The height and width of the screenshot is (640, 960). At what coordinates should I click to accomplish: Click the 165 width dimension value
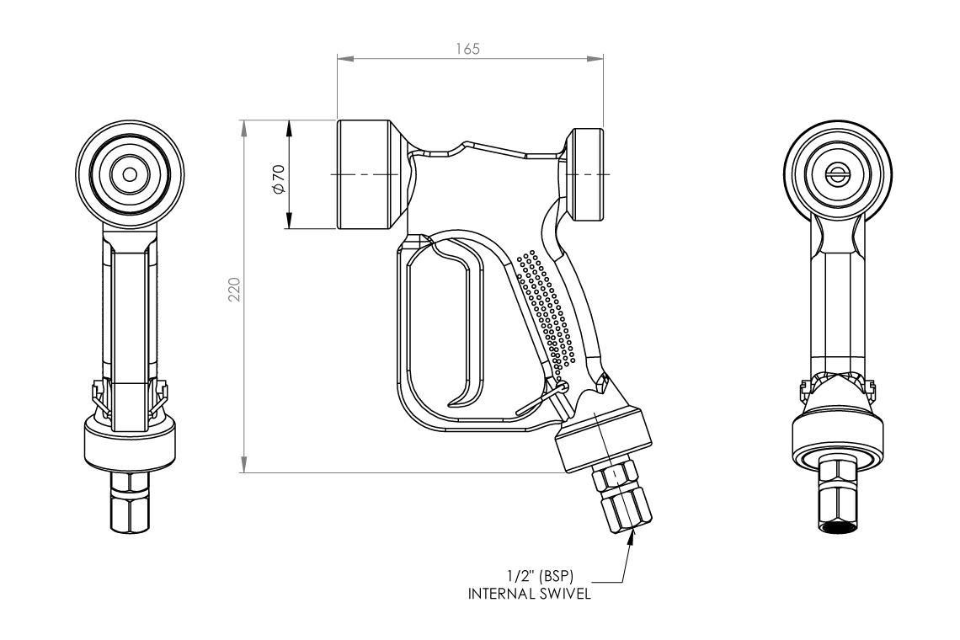click(x=470, y=49)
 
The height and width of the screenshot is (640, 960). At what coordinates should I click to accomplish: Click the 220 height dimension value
click(x=236, y=291)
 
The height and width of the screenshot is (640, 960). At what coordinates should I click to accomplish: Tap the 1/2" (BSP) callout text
click(x=541, y=576)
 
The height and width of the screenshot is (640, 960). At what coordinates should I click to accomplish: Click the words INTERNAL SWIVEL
click(x=530, y=593)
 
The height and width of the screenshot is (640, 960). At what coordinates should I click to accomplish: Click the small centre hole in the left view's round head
click(x=130, y=175)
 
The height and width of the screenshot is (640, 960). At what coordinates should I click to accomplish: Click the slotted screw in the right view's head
click(x=837, y=175)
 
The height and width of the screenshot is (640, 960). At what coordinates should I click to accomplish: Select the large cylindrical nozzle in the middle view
click(x=364, y=175)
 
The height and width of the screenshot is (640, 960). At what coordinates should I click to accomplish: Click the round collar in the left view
click(x=130, y=442)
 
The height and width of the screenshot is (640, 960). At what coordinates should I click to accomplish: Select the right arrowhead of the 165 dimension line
click(x=600, y=58)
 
